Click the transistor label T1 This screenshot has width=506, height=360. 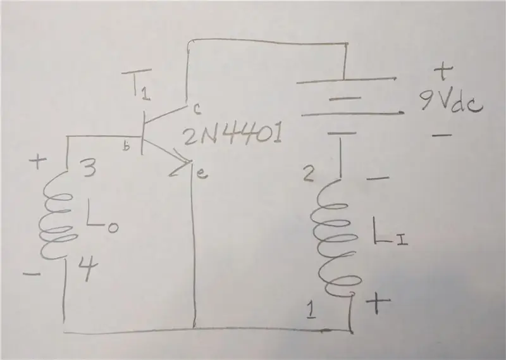[137, 85]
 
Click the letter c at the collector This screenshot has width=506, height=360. [197, 110]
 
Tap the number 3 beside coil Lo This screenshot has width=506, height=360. [89, 169]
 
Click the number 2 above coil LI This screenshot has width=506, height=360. [308, 175]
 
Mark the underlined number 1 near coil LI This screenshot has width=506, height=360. [311, 309]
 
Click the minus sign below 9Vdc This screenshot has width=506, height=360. [441, 135]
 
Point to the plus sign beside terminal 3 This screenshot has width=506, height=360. [38, 162]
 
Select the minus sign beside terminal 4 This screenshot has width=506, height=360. [32, 275]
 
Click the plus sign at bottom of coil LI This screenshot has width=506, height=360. [378, 302]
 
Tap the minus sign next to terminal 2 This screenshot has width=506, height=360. [378, 178]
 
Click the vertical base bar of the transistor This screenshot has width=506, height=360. [142, 133]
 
